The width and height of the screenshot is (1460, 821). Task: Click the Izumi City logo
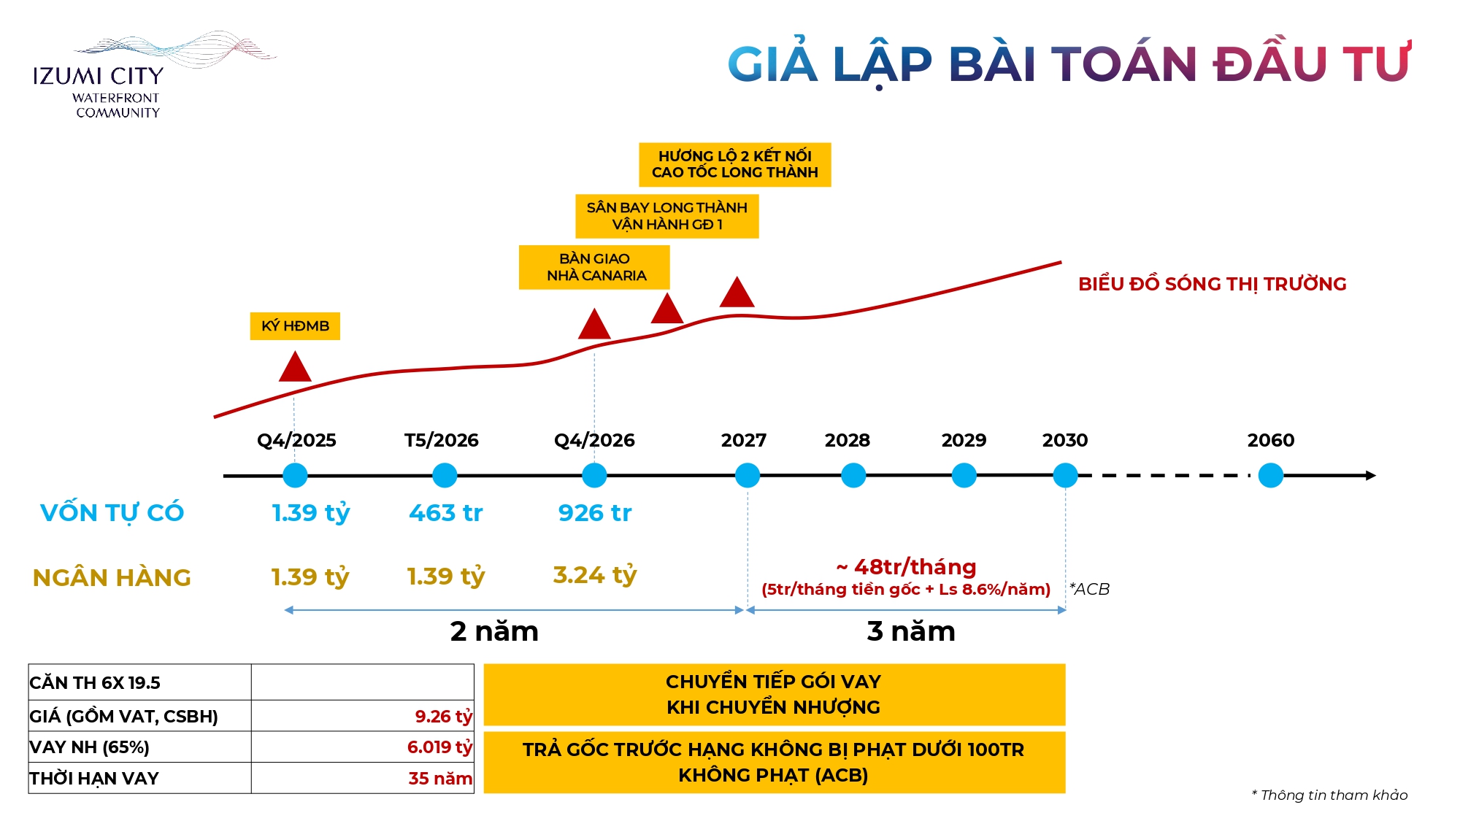coord(117,77)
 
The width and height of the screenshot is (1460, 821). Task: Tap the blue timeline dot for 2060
coord(1270,475)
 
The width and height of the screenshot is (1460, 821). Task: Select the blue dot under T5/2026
coord(445,475)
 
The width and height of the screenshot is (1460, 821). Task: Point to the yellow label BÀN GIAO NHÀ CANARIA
coord(594,267)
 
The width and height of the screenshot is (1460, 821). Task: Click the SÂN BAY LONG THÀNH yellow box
coord(666,216)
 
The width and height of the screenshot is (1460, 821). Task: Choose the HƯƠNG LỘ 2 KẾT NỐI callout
coord(734,164)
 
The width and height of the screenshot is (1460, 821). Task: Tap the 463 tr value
coord(445,513)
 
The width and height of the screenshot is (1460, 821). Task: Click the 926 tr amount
coord(594,513)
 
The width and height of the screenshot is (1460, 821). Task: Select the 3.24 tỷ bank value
coord(594,575)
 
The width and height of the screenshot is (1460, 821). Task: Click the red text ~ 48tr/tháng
coord(906,567)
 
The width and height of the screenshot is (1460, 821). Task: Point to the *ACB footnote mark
coord(1089,589)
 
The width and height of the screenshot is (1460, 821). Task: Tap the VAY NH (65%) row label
coord(89,747)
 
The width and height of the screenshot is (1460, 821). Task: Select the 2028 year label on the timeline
coord(847,440)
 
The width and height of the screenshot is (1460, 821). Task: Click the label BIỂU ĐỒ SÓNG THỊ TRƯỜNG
coord(1212,284)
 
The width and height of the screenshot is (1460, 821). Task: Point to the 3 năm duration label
coord(910,631)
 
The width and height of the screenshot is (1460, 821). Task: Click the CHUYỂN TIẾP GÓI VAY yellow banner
coord(774,694)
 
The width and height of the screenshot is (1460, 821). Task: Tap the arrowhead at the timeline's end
coord(1370,475)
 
